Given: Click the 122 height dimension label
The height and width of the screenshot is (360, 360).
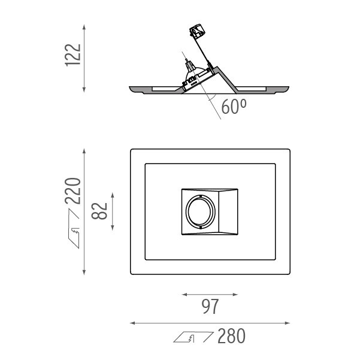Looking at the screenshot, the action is click(73, 55).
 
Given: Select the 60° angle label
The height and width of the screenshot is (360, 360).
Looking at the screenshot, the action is click(234, 106).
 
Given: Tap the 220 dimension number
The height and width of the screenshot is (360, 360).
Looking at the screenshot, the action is click(73, 191).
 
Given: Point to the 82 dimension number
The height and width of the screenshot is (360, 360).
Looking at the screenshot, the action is click(99, 211).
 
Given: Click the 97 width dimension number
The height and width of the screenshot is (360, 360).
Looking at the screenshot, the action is click(210, 306).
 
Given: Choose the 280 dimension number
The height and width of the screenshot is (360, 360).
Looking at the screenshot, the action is click(231, 336).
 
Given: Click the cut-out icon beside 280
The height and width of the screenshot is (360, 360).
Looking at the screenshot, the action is click(193, 337).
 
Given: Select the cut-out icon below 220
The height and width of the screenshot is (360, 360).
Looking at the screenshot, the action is click(74, 228).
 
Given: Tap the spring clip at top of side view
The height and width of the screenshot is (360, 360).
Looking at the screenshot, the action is click(197, 31).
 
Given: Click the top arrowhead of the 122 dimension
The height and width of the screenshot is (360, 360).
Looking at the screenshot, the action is click(84, 27).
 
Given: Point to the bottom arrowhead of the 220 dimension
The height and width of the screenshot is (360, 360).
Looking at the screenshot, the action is click(84, 272).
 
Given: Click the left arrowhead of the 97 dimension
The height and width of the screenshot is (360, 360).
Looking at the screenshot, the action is click(184, 294).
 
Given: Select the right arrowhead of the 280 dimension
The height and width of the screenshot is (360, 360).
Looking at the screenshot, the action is click(287, 323).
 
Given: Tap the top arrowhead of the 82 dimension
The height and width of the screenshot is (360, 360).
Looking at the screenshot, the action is click(113, 195).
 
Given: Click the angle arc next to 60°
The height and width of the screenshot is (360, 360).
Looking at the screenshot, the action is click(213, 98).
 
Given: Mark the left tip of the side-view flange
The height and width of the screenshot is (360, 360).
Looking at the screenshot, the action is click(129, 87).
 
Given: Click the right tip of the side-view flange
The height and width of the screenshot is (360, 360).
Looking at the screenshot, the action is click(289, 87).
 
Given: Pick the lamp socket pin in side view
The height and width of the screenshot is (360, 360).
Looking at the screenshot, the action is click(186, 60).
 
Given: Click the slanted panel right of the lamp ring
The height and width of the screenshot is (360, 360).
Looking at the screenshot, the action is click(228, 211).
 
